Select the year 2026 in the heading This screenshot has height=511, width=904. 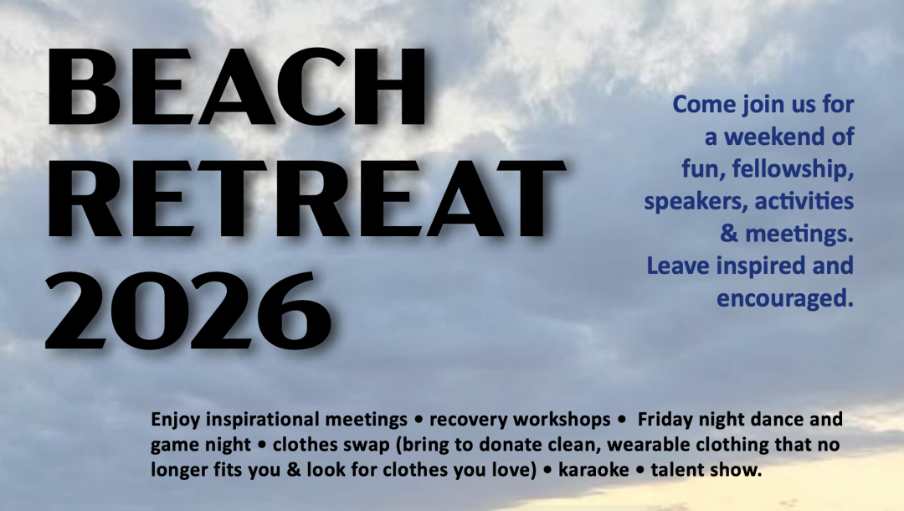[188, 302]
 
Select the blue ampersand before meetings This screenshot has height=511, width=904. [728, 234]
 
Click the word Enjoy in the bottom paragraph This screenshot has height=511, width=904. [173, 419]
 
